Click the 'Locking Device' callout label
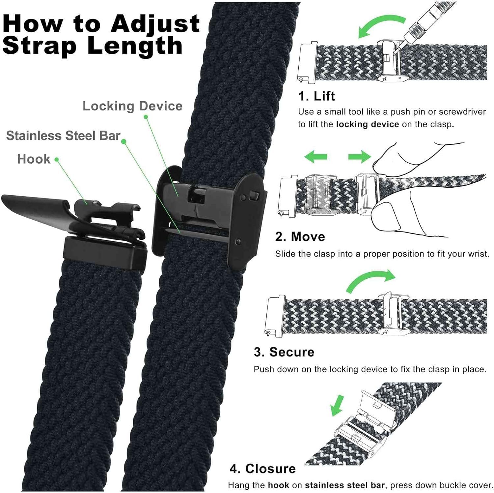132,106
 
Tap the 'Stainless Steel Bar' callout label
63,136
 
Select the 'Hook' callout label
34,159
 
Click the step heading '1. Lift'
316,96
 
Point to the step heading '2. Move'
300,237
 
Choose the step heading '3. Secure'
284,352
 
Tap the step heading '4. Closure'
262,469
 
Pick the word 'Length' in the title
135,46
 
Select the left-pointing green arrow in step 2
316,156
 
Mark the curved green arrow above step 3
370,280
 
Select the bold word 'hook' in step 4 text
278,485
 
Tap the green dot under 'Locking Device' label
146,117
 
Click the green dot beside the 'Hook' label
57,159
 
